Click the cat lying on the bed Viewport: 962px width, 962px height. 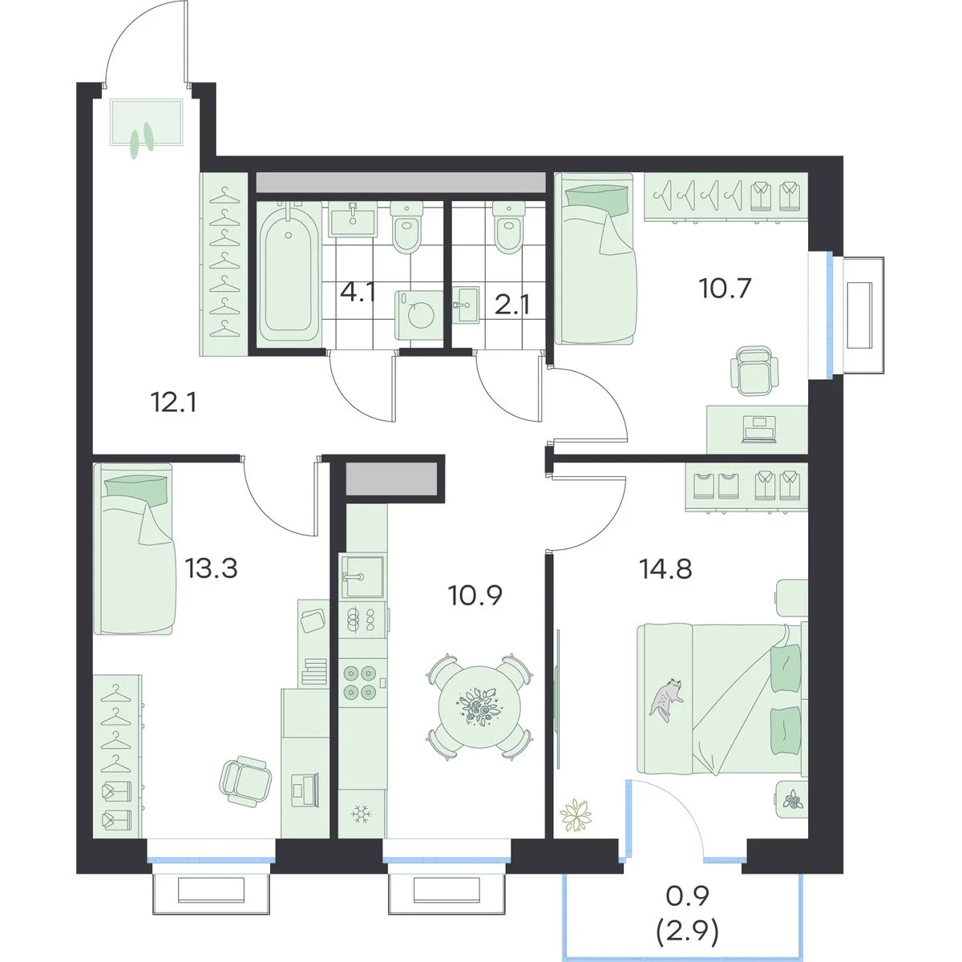(x=666, y=699)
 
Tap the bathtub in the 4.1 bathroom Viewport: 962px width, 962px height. (x=289, y=270)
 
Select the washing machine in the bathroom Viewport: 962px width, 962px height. (x=418, y=315)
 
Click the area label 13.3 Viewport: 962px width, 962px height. (x=211, y=568)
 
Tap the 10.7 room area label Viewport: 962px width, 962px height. (x=726, y=288)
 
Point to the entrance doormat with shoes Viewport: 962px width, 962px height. (x=146, y=123)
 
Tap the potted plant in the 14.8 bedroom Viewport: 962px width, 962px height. (x=576, y=817)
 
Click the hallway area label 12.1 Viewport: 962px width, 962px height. (x=173, y=402)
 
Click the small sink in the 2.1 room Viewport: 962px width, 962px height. (x=467, y=304)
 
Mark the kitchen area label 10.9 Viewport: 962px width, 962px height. (x=475, y=595)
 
